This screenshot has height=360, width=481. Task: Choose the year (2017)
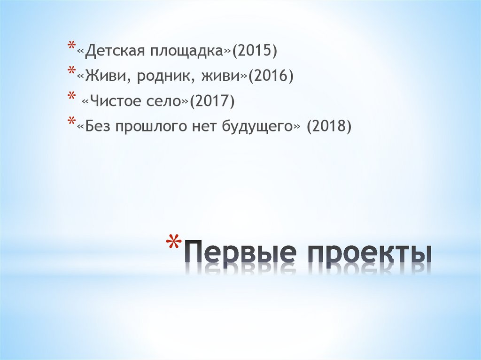pyautogui.click(x=211, y=101)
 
